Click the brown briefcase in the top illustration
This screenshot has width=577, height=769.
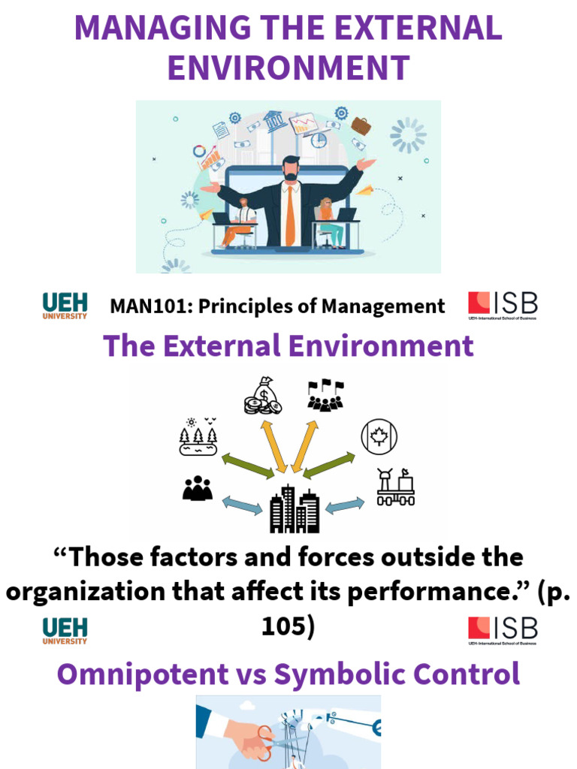point(361,125)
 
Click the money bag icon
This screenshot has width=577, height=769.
point(264,396)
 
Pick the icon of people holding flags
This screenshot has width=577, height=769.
point(325,395)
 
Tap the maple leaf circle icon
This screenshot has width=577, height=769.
point(379,436)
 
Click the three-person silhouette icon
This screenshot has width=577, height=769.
point(198,489)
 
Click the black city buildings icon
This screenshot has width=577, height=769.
point(295,508)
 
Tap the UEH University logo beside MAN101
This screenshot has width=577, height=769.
point(65,306)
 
